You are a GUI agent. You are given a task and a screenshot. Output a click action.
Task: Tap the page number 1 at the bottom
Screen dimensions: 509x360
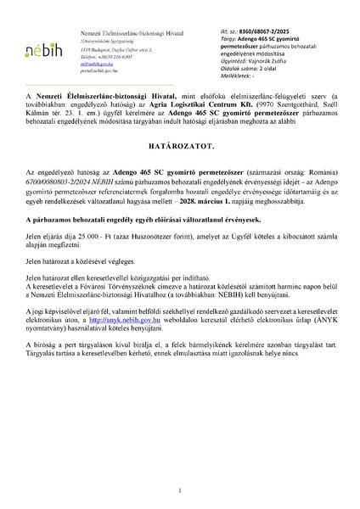(x=180, y=489)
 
